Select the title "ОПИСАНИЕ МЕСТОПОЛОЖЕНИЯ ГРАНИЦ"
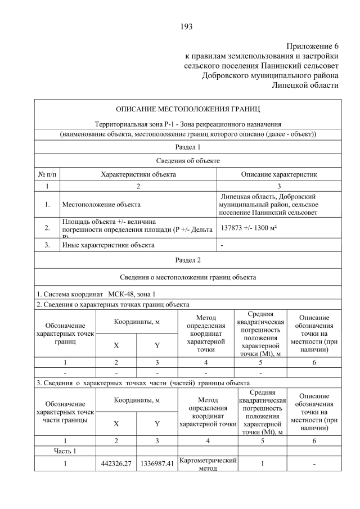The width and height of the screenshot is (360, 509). point(188,108)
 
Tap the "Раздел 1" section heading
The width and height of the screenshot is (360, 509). point(188,147)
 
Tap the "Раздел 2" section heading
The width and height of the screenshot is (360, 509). point(188,260)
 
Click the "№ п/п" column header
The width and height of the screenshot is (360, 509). point(47,174)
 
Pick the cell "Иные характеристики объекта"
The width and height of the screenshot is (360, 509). point(108,245)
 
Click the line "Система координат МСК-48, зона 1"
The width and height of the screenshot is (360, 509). point(96,294)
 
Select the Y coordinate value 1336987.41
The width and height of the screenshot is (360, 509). point(157,463)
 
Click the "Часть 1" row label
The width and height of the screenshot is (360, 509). point(65,451)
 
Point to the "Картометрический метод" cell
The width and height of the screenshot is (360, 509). point(208,465)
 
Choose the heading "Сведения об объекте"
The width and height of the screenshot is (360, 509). point(188,161)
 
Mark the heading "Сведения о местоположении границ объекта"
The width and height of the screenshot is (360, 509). point(188,277)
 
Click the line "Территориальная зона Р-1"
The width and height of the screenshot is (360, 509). point(188,124)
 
